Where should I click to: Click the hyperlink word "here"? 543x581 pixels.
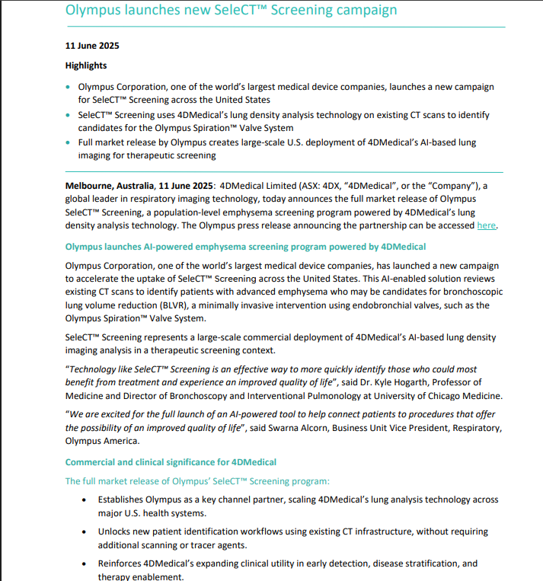[487, 226]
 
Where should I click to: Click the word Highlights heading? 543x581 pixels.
[86, 65]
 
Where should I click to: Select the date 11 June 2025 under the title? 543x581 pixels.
[92, 45]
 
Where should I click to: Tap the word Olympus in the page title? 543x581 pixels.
[92, 11]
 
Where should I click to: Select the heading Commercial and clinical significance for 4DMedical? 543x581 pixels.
[171, 462]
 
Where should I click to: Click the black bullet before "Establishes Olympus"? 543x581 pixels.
[83, 500]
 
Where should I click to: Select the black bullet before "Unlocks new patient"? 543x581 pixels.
[83, 532]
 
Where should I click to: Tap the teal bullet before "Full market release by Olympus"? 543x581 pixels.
[69, 142]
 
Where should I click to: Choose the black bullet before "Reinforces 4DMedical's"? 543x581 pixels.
[83, 564]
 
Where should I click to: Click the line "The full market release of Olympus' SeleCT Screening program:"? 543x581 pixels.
[197, 481]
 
